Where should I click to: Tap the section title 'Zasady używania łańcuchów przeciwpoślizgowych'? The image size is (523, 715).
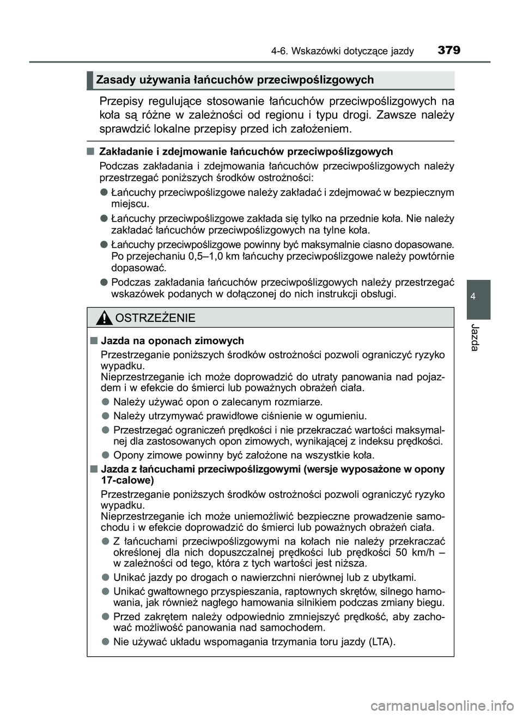coord(235,81)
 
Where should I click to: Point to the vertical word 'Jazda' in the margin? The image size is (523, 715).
coord(478,338)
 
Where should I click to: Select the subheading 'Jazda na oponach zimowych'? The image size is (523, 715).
coord(172,341)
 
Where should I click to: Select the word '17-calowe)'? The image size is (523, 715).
coord(127,480)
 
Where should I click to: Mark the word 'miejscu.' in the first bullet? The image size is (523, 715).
coord(130,204)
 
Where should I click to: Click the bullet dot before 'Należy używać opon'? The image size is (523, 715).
coord(105,402)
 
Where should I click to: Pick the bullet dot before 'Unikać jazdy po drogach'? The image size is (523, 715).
coord(105,577)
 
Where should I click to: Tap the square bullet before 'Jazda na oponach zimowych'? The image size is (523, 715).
coord(94,341)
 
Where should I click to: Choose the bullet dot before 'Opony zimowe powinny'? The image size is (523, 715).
coord(105,455)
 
